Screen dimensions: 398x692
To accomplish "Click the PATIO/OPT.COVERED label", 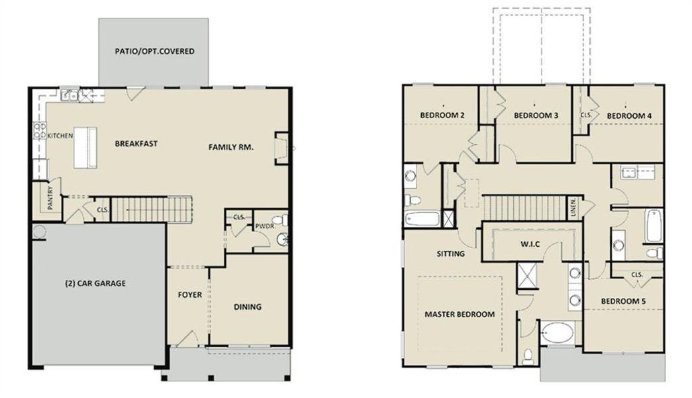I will [154, 51].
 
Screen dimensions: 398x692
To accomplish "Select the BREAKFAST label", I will [136, 143].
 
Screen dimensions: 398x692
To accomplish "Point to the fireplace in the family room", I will [281, 148].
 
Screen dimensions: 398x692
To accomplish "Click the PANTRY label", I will [41, 197].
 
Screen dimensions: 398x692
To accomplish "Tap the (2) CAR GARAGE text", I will [95, 283].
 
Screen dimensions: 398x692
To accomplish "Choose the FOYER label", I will [189, 295].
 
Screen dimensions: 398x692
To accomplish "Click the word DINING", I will [247, 306].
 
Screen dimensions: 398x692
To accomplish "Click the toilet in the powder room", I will [280, 220].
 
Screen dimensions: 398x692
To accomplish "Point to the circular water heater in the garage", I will [37, 232].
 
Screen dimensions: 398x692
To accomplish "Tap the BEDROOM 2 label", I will [442, 115].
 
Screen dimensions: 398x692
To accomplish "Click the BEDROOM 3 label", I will [536, 115].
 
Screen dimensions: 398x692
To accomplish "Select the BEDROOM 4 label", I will [629, 115].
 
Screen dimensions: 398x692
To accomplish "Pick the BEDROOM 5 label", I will [623, 301].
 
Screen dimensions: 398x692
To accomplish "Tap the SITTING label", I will [450, 253].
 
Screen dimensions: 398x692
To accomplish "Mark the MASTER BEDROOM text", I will [460, 314].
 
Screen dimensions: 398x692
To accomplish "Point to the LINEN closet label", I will [573, 208].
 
